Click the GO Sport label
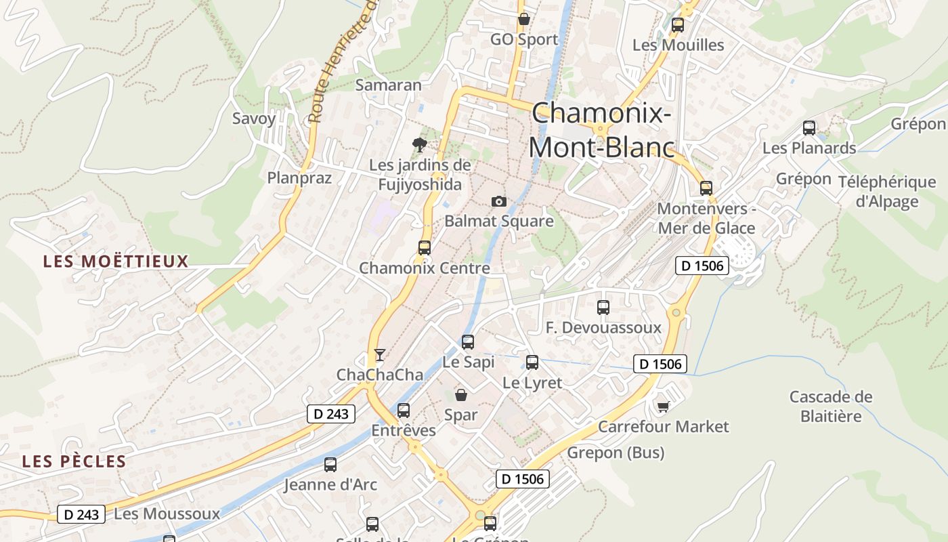[525, 39]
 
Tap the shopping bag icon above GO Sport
[523, 19]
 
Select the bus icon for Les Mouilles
[678, 25]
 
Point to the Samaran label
[389, 85]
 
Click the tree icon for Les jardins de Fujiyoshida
[420, 144]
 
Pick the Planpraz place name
[299, 178]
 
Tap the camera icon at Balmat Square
[499, 201]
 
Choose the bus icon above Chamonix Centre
[425, 248]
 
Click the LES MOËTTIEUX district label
[116, 262]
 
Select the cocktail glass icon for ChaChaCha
[380, 355]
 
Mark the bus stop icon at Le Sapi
[468, 342]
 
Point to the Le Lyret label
[532, 383]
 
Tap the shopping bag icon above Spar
[461, 395]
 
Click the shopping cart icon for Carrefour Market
[663, 406]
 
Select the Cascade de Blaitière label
[831, 406]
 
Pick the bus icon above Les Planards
[809, 127]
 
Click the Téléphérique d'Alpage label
[887, 192]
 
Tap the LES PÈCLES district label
[74, 461]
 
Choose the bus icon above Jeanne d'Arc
[330, 465]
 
